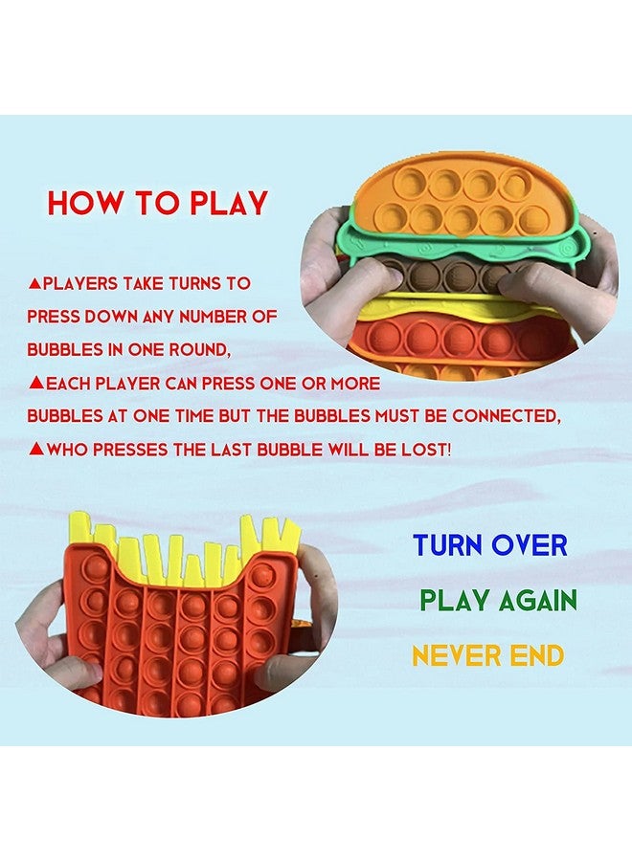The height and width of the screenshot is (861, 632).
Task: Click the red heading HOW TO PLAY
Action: click(x=158, y=204)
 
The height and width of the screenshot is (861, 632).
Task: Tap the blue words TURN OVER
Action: click(x=490, y=545)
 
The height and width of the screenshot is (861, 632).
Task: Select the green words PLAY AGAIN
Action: click(x=498, y=601)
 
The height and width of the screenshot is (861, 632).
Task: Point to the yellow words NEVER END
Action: click(x=487, y=656)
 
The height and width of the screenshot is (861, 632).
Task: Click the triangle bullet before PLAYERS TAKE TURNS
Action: click(x=34, y=283)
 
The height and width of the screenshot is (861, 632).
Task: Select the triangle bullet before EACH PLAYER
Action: click(x=34, y=383)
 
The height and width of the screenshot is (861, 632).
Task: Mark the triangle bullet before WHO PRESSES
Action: click(x=34, y=449)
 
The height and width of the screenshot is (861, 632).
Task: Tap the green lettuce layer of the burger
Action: click(x=383, y=251)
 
